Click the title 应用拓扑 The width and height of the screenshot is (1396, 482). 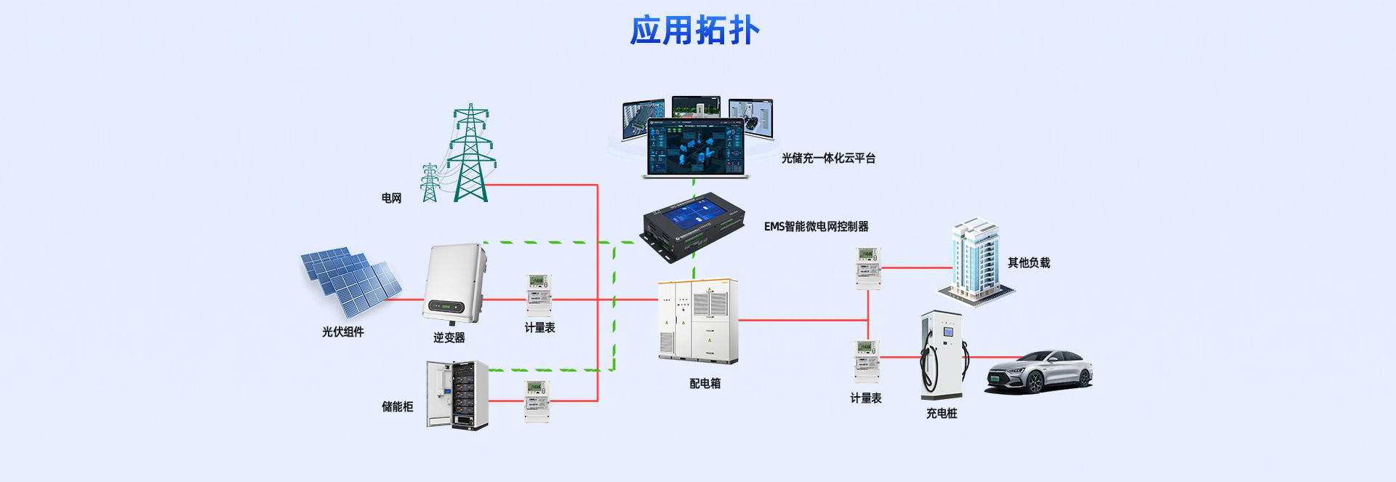point(694,31)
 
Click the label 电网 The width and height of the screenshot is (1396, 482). point(391,198)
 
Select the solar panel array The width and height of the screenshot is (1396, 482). point(350,283)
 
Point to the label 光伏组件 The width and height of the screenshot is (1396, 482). point(342,332)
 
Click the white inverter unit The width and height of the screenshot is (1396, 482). point(454,284)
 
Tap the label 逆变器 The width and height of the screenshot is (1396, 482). point(449,338)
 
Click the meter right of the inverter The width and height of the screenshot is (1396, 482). point(539,294)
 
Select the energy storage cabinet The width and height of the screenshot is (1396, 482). point(457,395)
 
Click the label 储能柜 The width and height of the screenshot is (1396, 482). point(397,407)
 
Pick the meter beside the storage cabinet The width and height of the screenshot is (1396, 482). point(537,401)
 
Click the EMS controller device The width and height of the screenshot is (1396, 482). point(693,223)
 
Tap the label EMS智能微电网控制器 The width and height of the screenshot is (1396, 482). point(816,227)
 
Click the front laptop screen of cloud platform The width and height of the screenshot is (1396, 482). point(696,148)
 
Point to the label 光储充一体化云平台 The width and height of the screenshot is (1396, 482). point(828,158)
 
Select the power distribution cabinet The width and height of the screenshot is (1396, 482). point(698,321)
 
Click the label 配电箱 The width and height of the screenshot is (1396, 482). point(705,384)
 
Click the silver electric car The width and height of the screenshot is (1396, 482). point(1039,372)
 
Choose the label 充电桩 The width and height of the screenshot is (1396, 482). point(942,414)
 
